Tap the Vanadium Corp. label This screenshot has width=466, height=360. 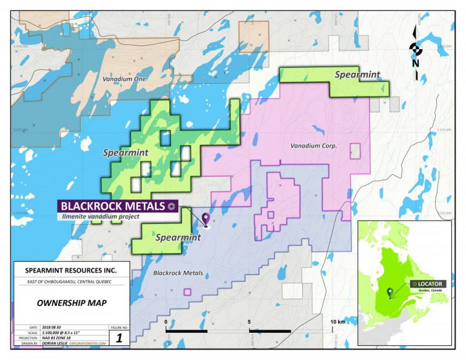coord(313,146)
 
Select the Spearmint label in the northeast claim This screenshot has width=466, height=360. coord(358,75)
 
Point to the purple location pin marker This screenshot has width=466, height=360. coord(206,220)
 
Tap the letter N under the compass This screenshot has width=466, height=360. coord(415,63)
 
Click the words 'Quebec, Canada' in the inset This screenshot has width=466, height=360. coord(427,291)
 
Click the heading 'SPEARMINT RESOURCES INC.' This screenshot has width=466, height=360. coord(70,270)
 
